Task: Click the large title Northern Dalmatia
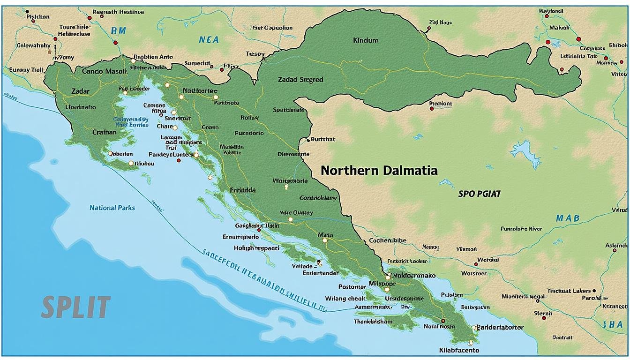tap(379, 171)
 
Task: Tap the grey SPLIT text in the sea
tap(76, 307)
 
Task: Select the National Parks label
tap(112, 208)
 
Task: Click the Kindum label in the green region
tap(365, 40)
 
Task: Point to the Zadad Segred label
tap(300, 80)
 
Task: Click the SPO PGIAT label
tap(480, 193)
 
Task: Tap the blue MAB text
tap(567, 218)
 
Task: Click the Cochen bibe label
tap(388, 240)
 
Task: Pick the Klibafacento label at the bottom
tap(459, 350)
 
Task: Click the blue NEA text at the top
tap(209, 40)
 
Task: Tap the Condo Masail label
tap(104, 72)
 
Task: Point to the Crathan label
tap(104, 132)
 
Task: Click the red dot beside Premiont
tap(431, 109)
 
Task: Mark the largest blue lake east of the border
tap(525, 154)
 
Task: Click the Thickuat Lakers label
tap(569, 291)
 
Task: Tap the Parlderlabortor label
tap(500, 328)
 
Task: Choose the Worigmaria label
tap(290, 180)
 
